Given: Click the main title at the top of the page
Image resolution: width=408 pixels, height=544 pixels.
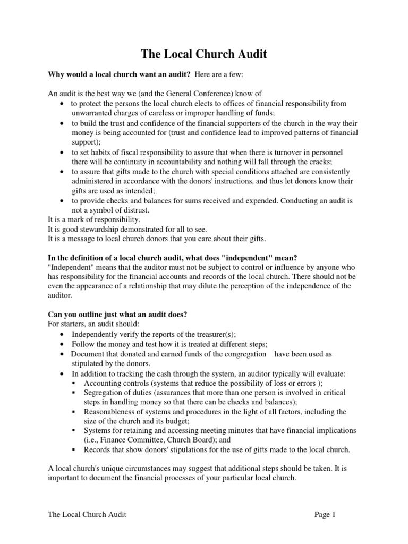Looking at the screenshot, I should click(203, 54).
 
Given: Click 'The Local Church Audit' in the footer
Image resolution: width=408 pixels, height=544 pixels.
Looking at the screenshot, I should click(87, 514).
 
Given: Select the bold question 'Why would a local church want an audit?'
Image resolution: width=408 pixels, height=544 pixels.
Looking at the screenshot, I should click(120, 74).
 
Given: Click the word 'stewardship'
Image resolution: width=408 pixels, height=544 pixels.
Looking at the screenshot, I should click(107, 228).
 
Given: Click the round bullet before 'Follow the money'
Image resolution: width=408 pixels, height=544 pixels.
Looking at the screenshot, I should click(63, 344).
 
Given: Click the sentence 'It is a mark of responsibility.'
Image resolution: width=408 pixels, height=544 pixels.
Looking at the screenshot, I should click(95, 219).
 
